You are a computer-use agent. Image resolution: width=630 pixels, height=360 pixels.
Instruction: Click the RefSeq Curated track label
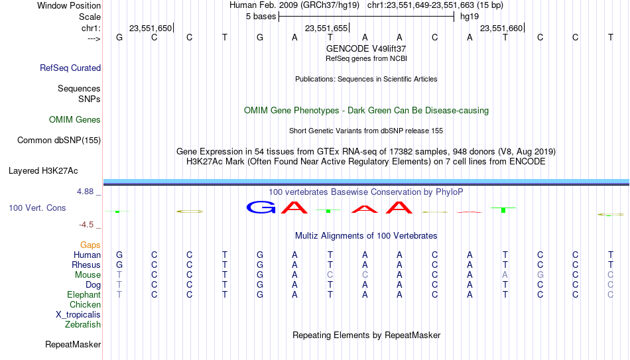[x=70, y=68]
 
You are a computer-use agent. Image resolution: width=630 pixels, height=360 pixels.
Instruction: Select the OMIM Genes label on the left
[x=75, y=120]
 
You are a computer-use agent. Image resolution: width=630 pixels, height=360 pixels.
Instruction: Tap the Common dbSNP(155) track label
[x=58, y=140]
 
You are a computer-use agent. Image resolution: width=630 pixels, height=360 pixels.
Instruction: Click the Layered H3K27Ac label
[x=43, y=170]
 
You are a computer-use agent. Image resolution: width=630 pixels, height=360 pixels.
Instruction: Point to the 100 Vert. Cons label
[x=37, y=208]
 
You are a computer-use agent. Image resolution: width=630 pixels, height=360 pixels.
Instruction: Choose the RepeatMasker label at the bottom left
[x=73, y=345]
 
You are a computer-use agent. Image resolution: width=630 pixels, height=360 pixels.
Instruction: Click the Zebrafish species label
[x=83, y=325]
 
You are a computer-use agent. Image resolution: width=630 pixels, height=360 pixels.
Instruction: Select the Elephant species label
[x=84, y=294]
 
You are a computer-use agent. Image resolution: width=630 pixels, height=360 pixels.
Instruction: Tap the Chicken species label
[x=85, y=305]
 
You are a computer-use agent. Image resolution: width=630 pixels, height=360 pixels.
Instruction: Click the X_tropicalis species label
[x=78, y=315]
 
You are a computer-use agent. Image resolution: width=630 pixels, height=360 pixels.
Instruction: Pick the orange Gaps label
[x=90, y=245]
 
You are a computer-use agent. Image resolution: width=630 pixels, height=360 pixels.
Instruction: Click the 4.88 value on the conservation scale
[x=88, y=192]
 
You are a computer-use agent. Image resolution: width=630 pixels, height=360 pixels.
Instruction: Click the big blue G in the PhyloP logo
[x=261, y=208]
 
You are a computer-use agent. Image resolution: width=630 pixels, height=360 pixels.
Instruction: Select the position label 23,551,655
[x=326, y=28]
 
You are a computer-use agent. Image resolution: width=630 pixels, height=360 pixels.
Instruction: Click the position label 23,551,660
[x=501, y=28]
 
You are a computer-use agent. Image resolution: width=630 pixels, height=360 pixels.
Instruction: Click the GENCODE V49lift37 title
[x=366, y=48]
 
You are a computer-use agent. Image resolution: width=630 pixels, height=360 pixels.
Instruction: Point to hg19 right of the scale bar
[x=469, y=16]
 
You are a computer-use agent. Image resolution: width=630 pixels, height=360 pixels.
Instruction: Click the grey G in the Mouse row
[x=540, y=274]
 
